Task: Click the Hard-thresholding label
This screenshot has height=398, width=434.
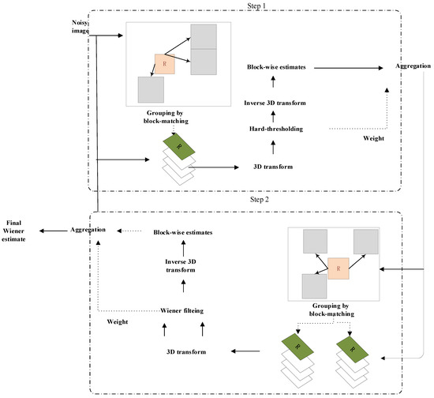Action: (x=272, y=128)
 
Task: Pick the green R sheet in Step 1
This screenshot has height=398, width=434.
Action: (x=180, y=148)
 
